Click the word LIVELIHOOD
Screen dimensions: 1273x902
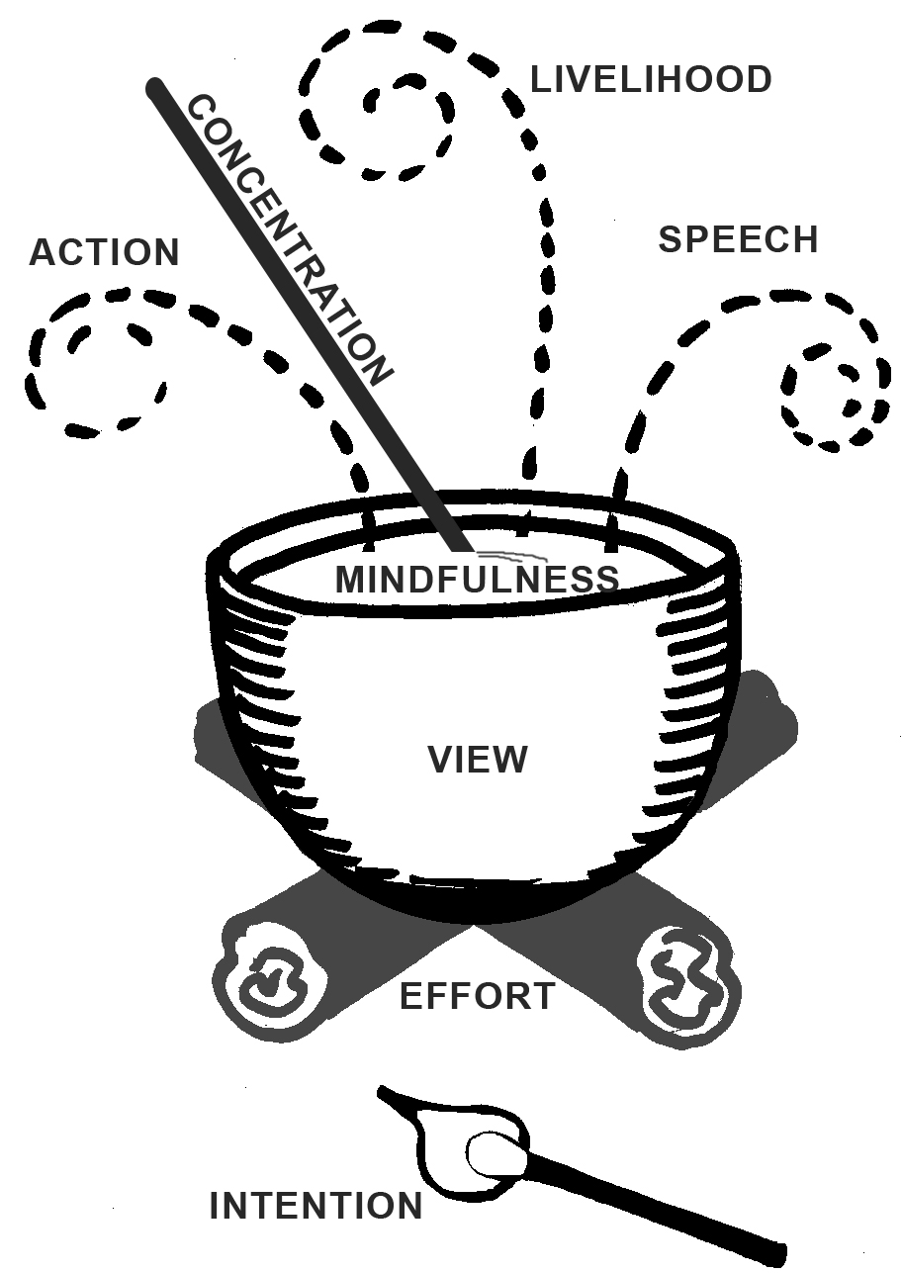click(x=651, y=80)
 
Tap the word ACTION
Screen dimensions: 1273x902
click(x=104, y=253)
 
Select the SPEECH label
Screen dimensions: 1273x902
click(x=738, y=240)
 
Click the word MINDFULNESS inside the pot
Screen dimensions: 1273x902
click(x=477, y=580)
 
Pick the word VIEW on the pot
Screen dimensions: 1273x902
click(x=478, y=760)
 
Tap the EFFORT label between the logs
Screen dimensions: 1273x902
click(x=477, y=996)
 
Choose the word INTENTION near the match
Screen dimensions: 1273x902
click(x=316, y=1207)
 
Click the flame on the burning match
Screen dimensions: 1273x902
click(x=455, y=1137)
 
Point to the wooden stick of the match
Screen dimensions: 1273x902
click(x=663, y=1201)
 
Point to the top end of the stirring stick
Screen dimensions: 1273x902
click(x=154, y=90)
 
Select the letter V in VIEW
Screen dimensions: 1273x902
click(x=440, y=760)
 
